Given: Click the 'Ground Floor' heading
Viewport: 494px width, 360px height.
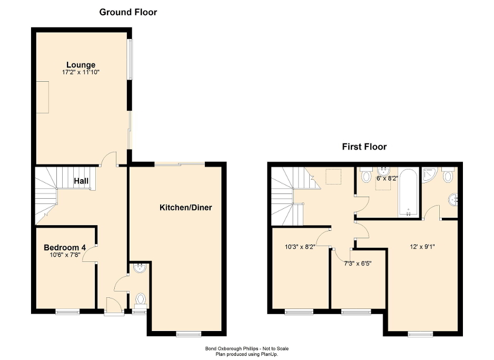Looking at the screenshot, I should pyautogui.click(x=128, y=12).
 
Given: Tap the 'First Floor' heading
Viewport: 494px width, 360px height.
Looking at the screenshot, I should pyautogui.click(x=364, y=147).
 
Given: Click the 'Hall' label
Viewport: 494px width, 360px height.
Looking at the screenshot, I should pyautogui.click(x=81, y=181).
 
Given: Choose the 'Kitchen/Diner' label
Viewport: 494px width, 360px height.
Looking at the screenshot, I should pyautogui.click(x=185, y=208).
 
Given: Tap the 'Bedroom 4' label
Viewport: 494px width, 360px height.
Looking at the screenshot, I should pyautogui.click(x=65, y=248).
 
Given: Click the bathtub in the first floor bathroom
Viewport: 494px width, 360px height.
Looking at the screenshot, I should pyautogui.click(x=409, y=193).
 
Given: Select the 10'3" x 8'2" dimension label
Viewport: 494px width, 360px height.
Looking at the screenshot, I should pyautogui.click(x=300, y=246).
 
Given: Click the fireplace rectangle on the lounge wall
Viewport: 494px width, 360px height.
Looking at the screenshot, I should pyautogui.click(x=42, y=97).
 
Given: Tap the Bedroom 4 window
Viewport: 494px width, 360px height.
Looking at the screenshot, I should pyautogui.click(x=67, y=312).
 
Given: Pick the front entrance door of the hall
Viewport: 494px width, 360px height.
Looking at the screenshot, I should pyautogui.click(x=113, y=306).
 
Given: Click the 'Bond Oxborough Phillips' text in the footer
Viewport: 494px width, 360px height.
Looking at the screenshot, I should pyautogui.click(x=227, y=348).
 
